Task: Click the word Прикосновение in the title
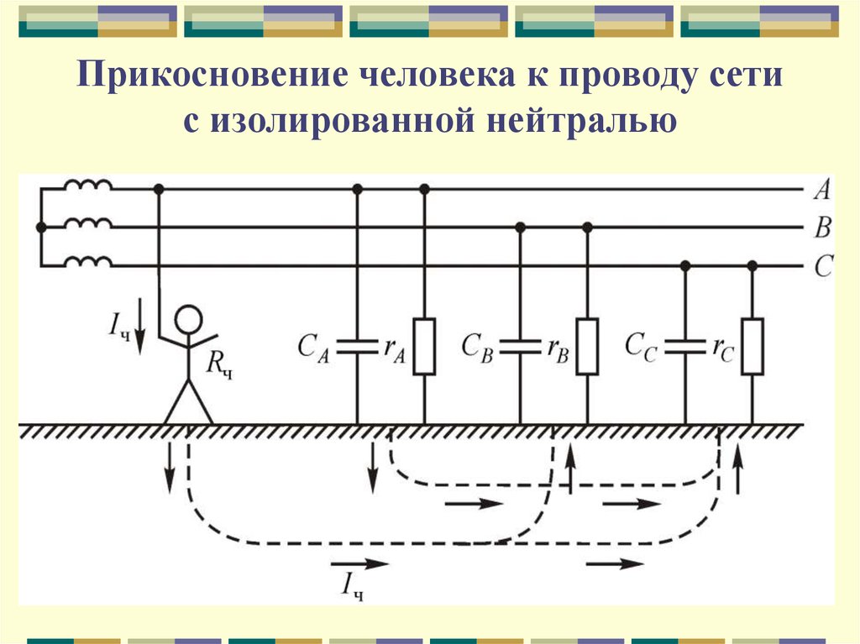coord(212,75)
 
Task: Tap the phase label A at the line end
coord(822,190)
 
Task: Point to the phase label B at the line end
coord(823,227)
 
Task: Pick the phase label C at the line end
coord(823,266)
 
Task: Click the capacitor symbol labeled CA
coord(357,347)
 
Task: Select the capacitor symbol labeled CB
coord(521,347)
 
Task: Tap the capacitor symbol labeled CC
coord(685,347)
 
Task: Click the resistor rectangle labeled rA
coord(424,347)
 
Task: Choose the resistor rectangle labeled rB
coord(587,347)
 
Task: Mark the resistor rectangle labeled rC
coord(752,347)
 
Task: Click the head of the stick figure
coord(189,320)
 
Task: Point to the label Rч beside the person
coord(219,364)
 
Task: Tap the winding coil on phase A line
coord(88,185)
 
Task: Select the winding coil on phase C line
coord(88,261)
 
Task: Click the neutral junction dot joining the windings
coord(40,227)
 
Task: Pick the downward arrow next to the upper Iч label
coord(140,326)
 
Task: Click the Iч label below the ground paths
coord(352,586)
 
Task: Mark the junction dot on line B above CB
coord(521,227)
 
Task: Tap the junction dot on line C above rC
coord(752,266)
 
